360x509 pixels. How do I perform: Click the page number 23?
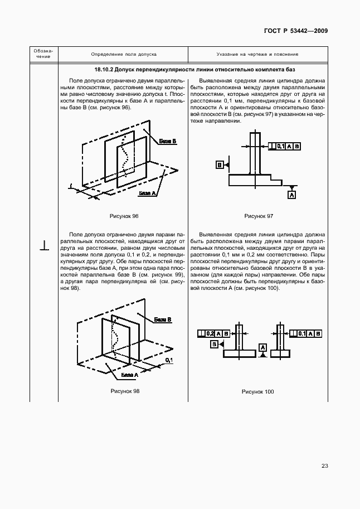324,467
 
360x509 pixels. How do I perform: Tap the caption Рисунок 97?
259,216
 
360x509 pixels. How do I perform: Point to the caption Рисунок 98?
125,391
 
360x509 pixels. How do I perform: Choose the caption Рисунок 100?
258,392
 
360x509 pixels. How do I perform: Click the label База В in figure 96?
167,142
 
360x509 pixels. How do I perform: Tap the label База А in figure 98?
130,375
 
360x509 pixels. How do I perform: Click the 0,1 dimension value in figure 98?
169,361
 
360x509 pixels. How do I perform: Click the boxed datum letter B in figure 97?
220,165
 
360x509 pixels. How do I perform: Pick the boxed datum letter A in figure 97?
291,194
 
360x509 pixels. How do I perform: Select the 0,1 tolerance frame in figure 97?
284,146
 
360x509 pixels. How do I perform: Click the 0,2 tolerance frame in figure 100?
214,333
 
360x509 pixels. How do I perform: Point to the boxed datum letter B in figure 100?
214,345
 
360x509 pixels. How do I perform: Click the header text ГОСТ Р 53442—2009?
295,31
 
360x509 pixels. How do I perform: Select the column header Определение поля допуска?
124,55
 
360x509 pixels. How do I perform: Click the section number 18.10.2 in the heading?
104,70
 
